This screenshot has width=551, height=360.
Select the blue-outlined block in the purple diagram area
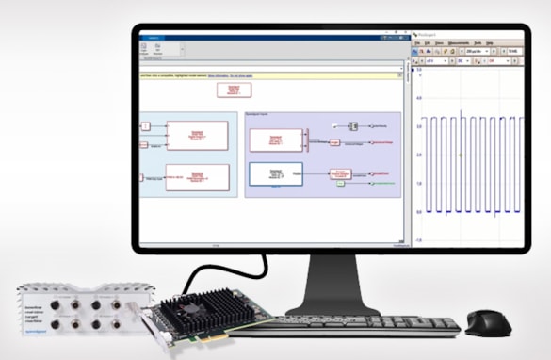pos(276,173)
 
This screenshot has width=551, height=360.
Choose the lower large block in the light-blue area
pos(197,177)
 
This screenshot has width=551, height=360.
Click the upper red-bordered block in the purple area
pos(274,139)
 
